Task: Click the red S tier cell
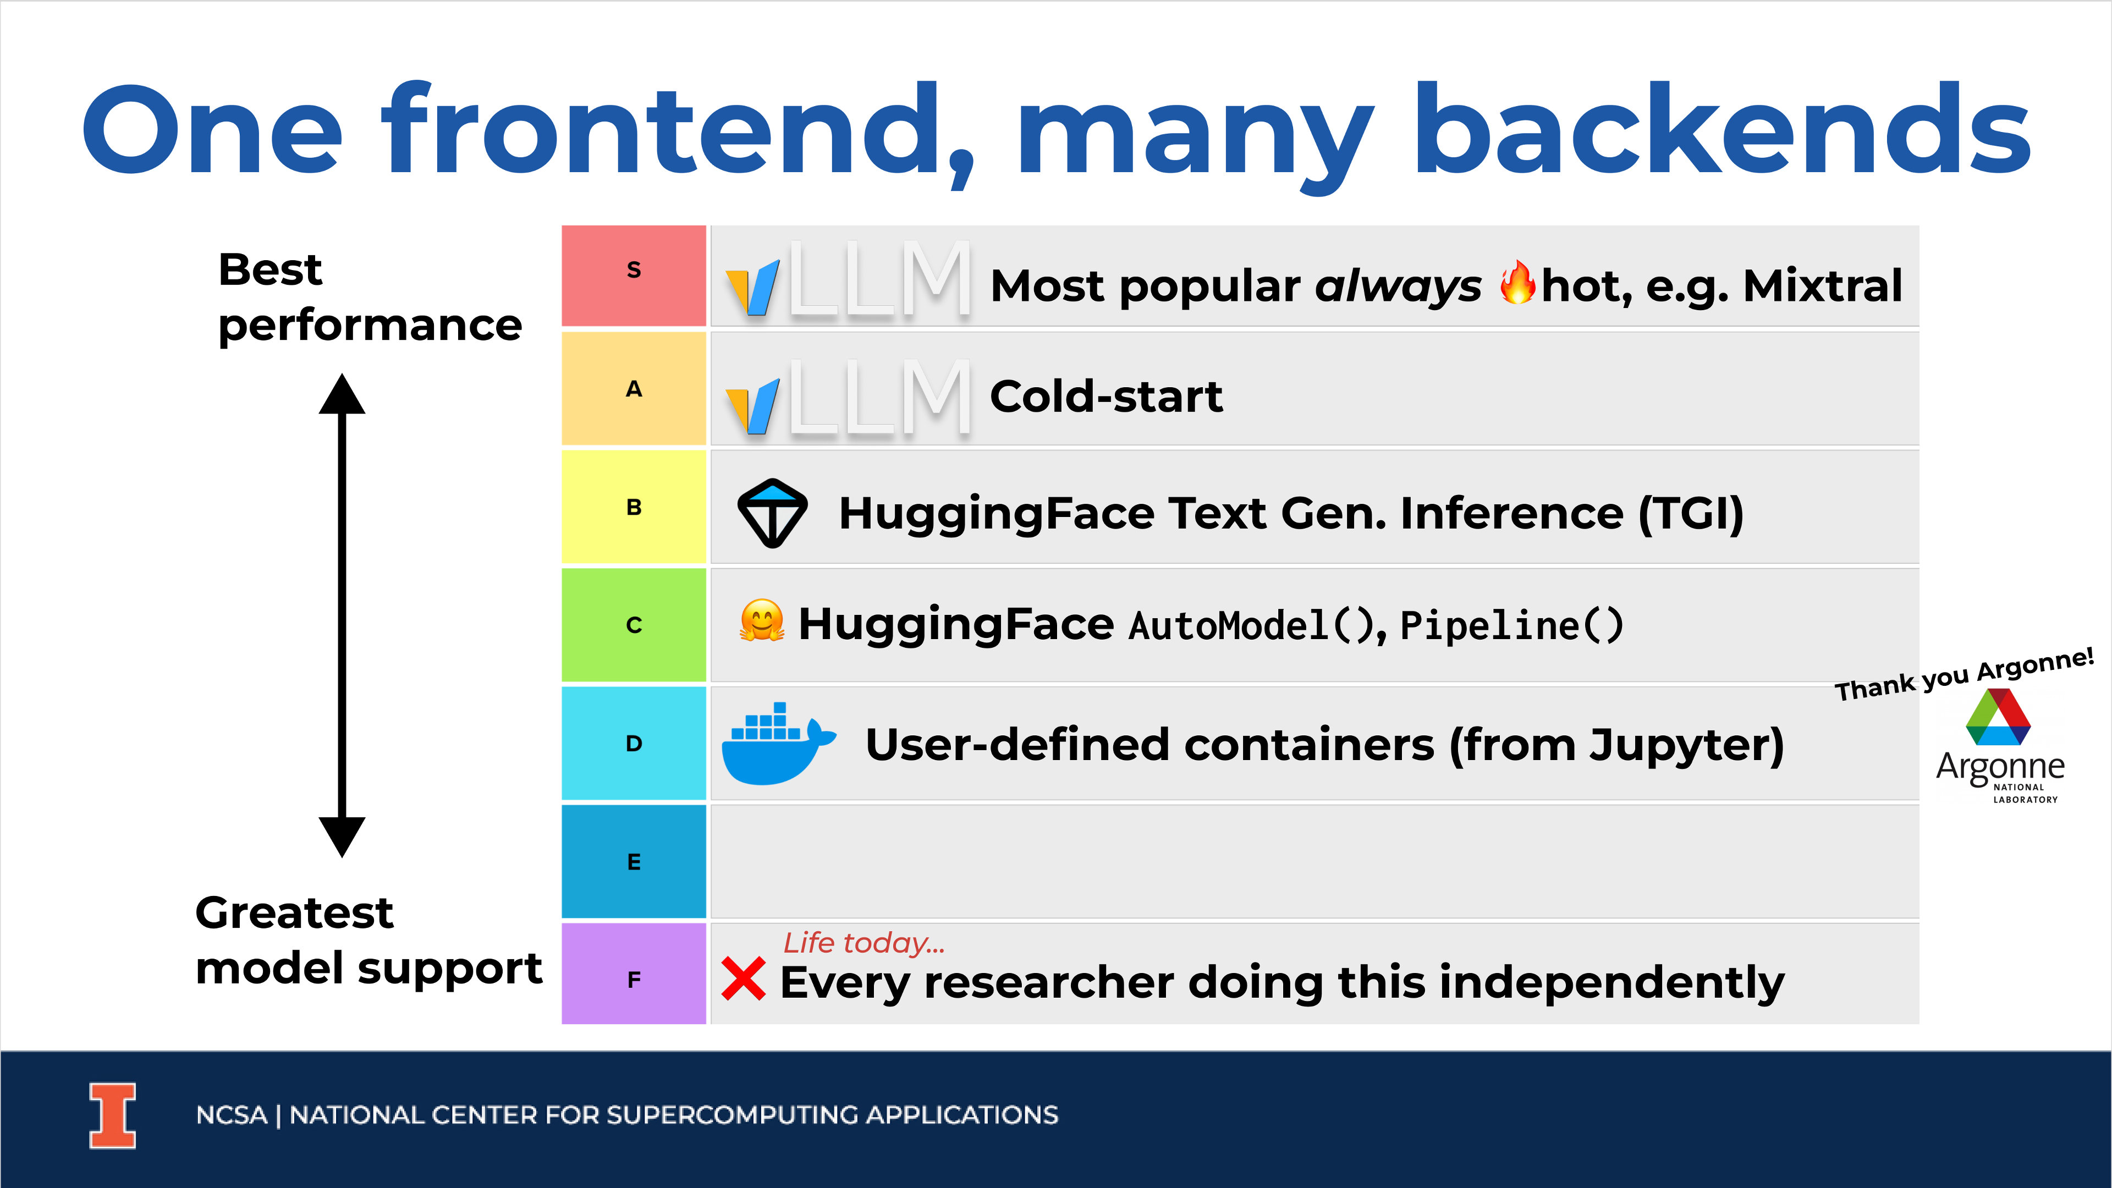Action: (x=634, y=276)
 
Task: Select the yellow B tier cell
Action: (x=634, y=507)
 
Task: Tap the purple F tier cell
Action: (x=634, y=973)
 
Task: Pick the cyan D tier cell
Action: (x=634, y=743)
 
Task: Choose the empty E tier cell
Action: (x=1314, y=861)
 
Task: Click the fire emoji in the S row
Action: (x=1517, y=283)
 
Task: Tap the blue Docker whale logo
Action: (x=778, y=744)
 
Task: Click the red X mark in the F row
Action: (x=744, y=979)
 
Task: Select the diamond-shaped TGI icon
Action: (x=772, y=513)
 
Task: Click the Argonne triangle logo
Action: (x=1998, y=717)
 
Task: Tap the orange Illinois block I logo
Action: (x=112, y=1116)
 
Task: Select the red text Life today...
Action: (x=864, y=943)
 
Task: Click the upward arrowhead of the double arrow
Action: (x=342, y=394)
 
